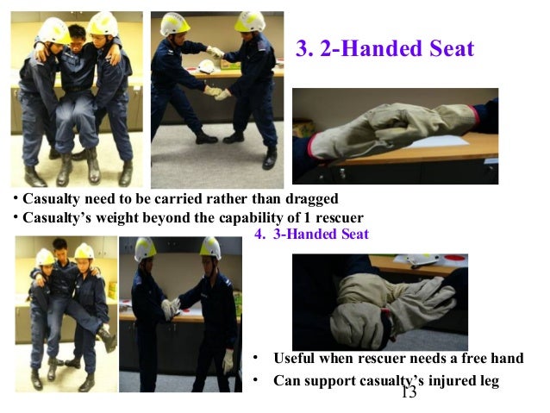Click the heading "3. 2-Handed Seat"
[x=384, y=49]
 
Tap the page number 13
[x=408, y=392]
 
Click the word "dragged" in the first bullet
[x=308, y=199]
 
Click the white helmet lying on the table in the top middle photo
[x=207, y=66]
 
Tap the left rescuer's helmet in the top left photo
[x=53, y=31]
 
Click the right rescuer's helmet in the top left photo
[x=103, y=24]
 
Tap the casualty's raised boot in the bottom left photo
[x=109, y=339]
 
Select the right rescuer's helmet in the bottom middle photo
[x=210, y=248]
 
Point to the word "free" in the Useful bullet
[x=459, y=359]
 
